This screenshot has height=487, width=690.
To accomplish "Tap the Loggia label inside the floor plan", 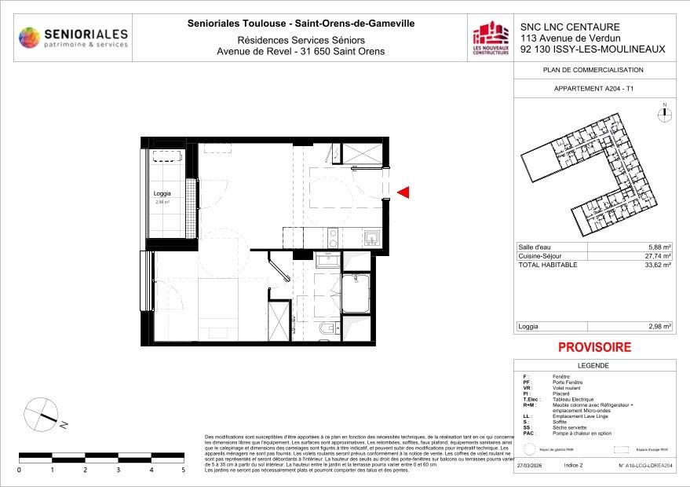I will coord(163,194).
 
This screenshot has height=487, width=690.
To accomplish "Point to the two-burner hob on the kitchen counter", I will coord(332,236).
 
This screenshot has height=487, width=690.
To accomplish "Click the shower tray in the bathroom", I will coord(360,293).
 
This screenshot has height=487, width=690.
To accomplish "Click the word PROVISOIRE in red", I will coord(594,346).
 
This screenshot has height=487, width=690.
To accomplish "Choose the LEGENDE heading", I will coord(593,366).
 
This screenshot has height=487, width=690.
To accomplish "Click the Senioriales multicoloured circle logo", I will coord(29,37).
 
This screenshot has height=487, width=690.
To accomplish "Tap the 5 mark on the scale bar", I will coord(184,470).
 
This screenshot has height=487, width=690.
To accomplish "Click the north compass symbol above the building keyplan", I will coord(664,113).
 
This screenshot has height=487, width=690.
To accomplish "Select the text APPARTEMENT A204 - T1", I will coord(593,90).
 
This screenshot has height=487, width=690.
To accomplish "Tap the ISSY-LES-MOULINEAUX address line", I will coord(592,49).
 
